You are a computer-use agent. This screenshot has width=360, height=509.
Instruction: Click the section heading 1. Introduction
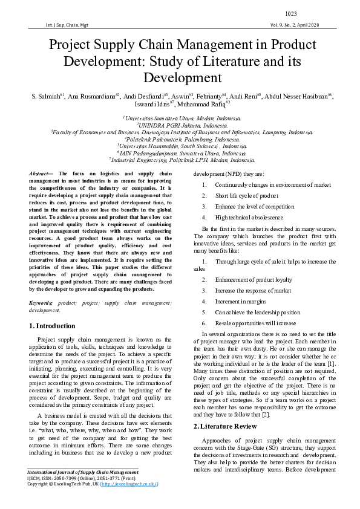click(53, 326)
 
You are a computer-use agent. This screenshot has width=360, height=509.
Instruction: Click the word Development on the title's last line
click(180, 78)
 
